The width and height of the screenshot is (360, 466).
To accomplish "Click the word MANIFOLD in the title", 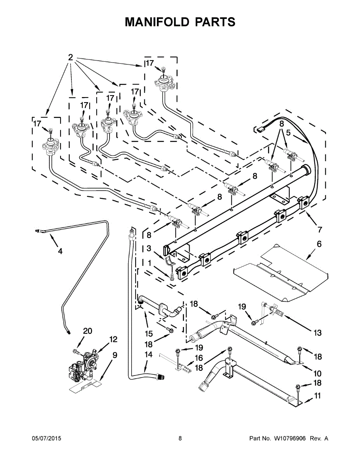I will tap(157, 22).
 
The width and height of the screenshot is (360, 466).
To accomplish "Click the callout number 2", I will tap(70, 57).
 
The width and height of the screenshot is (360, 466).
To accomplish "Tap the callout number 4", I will tap(60, 251).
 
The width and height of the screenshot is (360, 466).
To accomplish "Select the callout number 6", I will tap(319, 244).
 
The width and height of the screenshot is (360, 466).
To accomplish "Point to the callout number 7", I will tap(320, 230).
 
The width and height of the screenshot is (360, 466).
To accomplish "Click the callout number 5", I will tap(288, 133).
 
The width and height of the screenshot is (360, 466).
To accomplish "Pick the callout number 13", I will tap(318, 332).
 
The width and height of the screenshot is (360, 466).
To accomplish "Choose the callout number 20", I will tap(88, 331).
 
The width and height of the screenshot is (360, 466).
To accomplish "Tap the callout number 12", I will tap(113, 339).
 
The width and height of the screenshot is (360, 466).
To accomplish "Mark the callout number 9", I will tap(115, 355).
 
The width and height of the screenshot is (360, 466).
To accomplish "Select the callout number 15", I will tap(148, 334).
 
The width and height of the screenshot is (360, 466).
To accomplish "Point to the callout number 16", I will tap(198, 358).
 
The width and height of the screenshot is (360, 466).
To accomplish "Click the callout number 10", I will tap(317, 374).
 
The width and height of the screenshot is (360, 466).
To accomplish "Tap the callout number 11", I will tap(318, 396).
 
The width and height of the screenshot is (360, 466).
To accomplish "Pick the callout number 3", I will tap(149, 248).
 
